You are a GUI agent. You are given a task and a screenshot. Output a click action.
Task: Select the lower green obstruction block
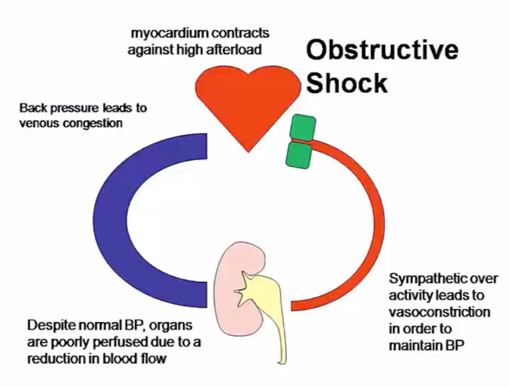point(299,154)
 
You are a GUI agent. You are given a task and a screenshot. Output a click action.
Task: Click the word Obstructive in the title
point(382,50)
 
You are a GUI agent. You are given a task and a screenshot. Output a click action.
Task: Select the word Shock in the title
point(347,83)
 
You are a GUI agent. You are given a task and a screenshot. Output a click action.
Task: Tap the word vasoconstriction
point(439,312)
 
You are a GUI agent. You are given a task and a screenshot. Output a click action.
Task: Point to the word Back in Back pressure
point(32,107)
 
